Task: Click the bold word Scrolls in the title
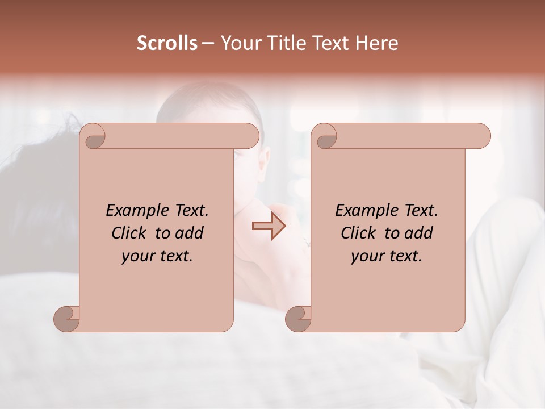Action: click(167, 43)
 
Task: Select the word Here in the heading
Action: click(376, 43)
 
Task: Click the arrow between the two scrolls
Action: click(269, 226)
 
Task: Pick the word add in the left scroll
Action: click(189, 233)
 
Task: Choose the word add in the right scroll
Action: click(418, 233)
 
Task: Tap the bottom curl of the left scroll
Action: click(66, 319)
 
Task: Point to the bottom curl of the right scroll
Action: click(298, 319)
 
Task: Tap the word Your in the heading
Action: click(240, 43)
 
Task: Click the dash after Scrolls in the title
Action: click(208, 44)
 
